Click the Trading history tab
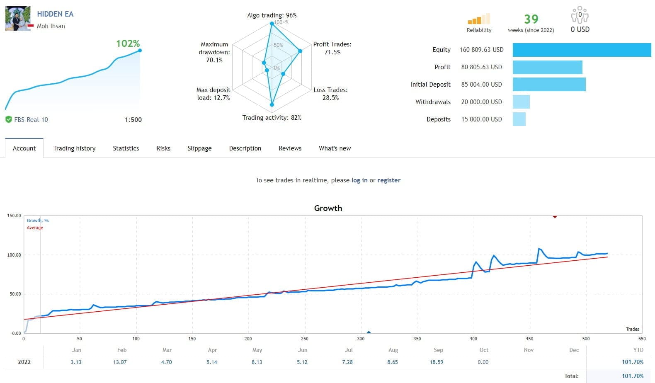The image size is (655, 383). [74, 148]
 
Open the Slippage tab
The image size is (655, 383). [199, 148]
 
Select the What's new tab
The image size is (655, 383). [335, 148]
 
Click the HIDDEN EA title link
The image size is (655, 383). [55, 14]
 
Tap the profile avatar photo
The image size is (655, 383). [18, 19]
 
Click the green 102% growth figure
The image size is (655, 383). [128, 44]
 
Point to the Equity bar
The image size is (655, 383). [582, 50]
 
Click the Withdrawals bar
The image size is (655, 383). [521, 102]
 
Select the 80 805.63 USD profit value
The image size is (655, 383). [481, 67]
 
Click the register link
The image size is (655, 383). [389, 180]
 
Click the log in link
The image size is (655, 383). [359, 180]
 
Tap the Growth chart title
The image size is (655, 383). [328, 208]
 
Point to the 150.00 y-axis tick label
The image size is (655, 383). [14, 216]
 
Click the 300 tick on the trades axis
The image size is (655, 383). [361, 339]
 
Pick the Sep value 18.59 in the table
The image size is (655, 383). [437, 362]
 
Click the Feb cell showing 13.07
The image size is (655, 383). [120, 362]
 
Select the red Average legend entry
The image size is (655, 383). [35, 228]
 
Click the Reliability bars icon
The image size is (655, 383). [479, 19]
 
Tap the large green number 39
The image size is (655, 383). [531, 19]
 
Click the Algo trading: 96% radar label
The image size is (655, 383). [272, 15]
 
